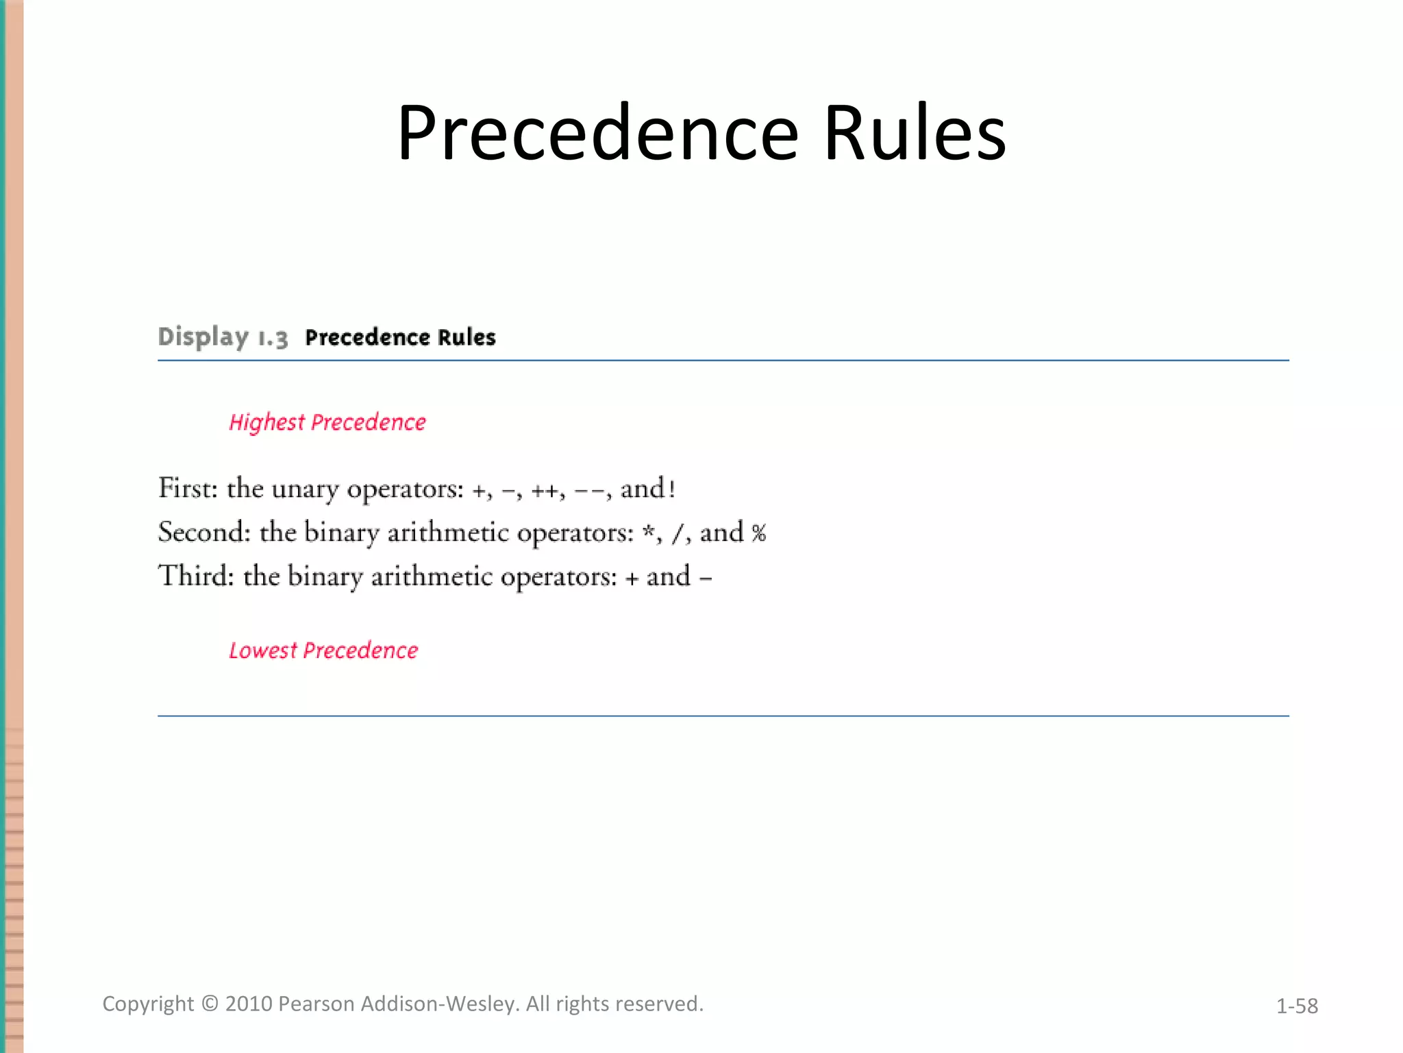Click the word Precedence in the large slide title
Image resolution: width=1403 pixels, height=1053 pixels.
click(x=597, y=133)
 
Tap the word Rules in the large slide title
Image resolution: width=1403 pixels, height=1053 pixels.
click(x=915, y=133)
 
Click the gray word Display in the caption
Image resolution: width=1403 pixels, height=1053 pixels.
click(x=203, y=337)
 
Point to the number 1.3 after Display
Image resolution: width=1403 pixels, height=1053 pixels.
click(x=273, y=338)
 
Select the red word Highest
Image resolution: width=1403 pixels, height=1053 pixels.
click(x=266, y=422)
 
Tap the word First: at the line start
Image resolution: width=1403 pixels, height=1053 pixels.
click(x=188, y=488)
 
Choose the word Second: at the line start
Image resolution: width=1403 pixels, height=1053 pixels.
click(x=204, y=532)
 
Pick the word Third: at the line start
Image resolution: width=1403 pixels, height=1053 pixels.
click(x=196, y=576)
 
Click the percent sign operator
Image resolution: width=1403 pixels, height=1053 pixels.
click(x=758, y=533)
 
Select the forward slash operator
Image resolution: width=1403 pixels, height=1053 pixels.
click(x=678, y=533)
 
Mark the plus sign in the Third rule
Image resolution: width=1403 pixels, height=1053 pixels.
click(x=632, y=578)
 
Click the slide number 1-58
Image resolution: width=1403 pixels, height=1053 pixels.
click(x=1297, y=1006)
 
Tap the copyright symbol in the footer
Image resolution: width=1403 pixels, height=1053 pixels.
click(x=210, y=1004)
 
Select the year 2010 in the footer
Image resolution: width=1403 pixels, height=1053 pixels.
click(x=249, y=1004)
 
